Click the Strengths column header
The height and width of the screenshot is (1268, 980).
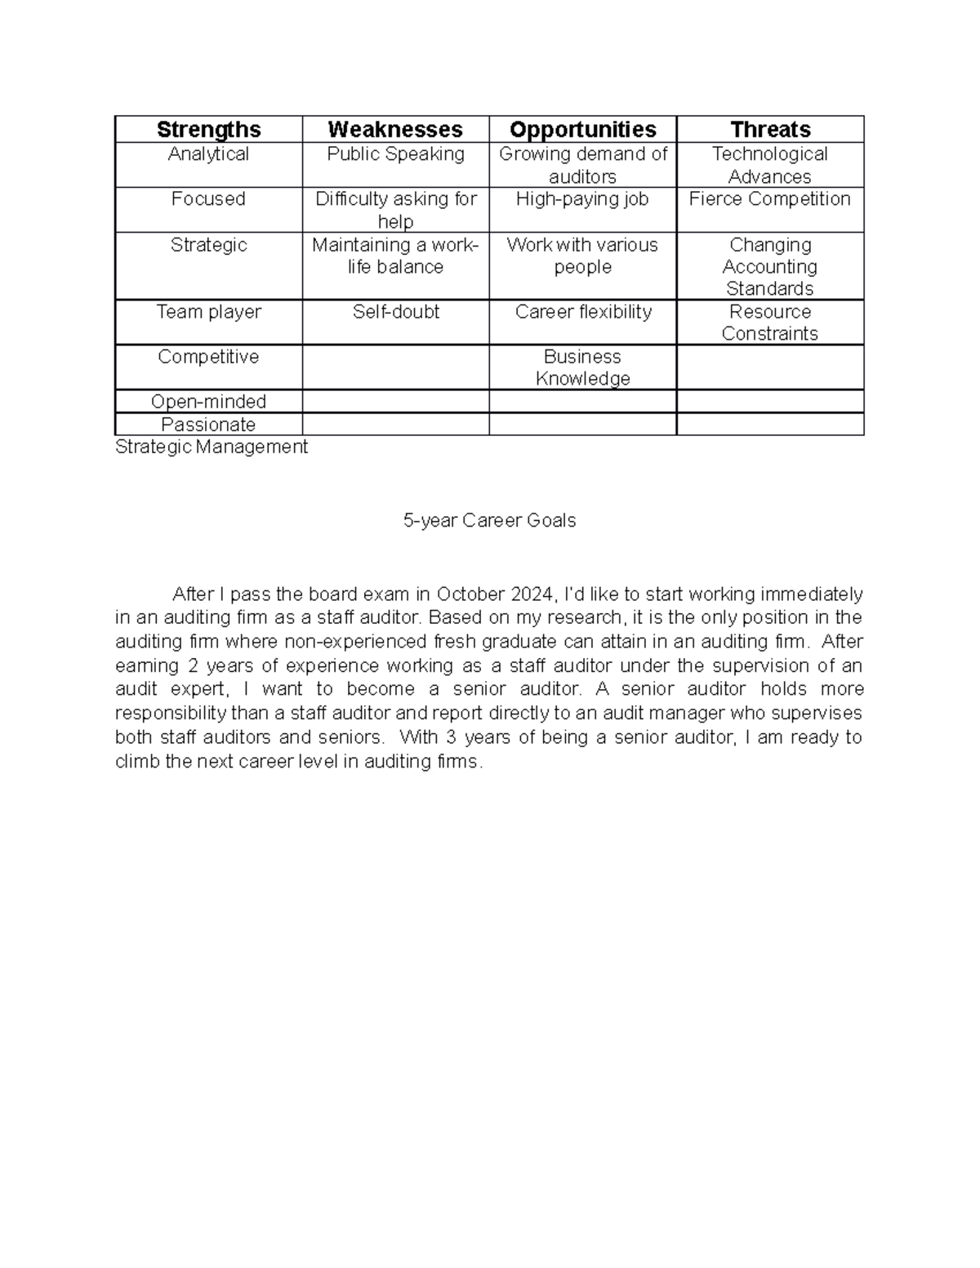pyautogui.click(x=208, y=130)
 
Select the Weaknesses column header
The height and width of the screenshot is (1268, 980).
pyautogui.click(x=395, y=130)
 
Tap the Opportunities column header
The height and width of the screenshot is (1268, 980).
pyautogui.click(x=582, y=130)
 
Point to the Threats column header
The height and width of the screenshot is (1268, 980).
pyautogui.click(x=770, y=130)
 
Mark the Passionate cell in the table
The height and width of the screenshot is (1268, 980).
pyautogui.click(x=208, y=425)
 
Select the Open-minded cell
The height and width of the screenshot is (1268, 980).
pyautogui.click(x=208, y=402)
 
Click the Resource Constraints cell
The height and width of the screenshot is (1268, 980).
pyautogui.click(x=770, y=323)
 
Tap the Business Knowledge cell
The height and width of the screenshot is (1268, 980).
pyautogui.click(x=582, y=367)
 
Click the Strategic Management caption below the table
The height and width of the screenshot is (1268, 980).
pyautogui.click(x=212, y=447)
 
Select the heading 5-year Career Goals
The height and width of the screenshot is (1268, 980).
pyautogui.click(x=489, y=521)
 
